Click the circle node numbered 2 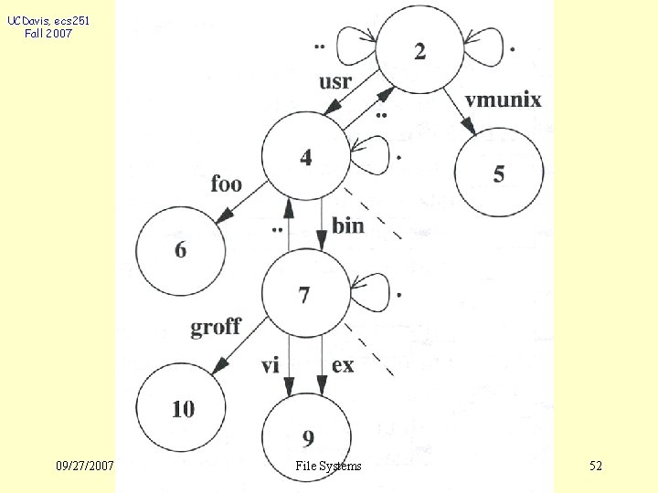[x=419, y=50]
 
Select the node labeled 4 [x=305, y=157]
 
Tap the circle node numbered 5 [x=499, y=173]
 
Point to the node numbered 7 [x=305, y=294]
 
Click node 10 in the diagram [x=183, y=408]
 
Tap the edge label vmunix [x=503, y=100]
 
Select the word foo [x=226, y=184]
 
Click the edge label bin [x=347, y=225]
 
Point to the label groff [x=216, y=326]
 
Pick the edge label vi [x=270, y=366]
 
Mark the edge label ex [x=343, y=366]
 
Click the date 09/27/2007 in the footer [x=84, y=467]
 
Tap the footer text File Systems [x=328, y=467]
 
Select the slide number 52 [x=596, y=467]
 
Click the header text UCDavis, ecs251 [x=48, y=20]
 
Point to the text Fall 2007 [x=49, y=34]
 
